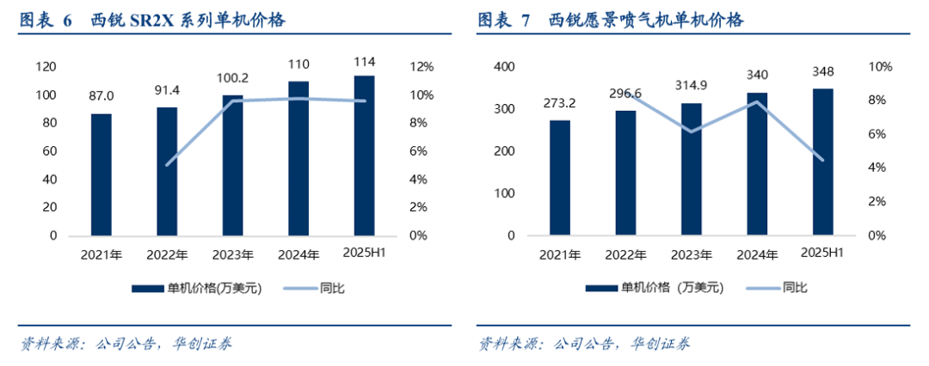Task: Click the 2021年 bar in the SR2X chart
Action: pyautogui.click(x=102, y=174)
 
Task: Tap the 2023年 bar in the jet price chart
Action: pyautogui.click(x=692, y=169)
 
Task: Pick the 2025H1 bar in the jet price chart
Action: pyautogui.click(x=823, y=162)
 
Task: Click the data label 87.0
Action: pyautogui.click(x=102, y=96)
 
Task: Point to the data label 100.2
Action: pyautogui.click(x=232, y=78)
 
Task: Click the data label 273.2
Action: pyautogui.click(x=560, y=103)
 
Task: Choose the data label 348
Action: pyautogui.click(x=823, y=71)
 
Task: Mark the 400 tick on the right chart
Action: pyautogui.click(x=502, y=67)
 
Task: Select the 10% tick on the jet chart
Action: pyautogui.click(x=882, y=67)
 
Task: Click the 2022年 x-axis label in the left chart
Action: pyautogui.click(x=167, y=254)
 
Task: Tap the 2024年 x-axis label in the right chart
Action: pyautogui.click(x=757, y=254)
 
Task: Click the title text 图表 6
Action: pyautogui.click(x=46, y=20)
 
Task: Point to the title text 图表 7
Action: pyautogui.click(x=504, y=20)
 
